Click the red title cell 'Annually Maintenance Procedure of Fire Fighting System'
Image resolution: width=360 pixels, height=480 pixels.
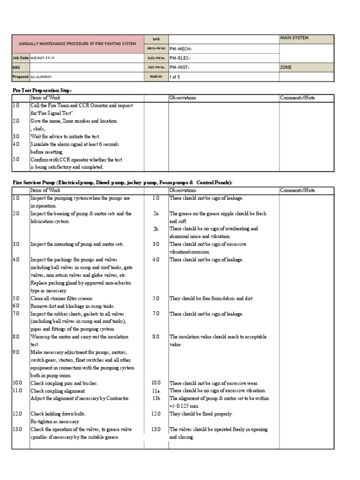[77, 44]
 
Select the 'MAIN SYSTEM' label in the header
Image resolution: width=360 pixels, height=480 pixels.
[294, 38]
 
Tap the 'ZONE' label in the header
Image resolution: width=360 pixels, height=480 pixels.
[286, 67]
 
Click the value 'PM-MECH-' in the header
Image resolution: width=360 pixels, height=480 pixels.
[181, 48]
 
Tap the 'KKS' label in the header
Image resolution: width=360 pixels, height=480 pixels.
[16, 67]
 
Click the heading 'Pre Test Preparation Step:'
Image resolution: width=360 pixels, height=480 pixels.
[42, 90]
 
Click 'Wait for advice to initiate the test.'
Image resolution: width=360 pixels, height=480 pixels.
[65, 136]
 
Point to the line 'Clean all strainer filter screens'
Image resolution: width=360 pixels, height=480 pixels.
[61, 298]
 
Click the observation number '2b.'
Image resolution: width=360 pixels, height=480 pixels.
[156, 229]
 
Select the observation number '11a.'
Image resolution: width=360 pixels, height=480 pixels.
[156, 390]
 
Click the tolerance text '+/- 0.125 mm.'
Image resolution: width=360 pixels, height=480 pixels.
[184, 406]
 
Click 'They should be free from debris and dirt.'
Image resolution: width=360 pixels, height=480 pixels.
[211, 298]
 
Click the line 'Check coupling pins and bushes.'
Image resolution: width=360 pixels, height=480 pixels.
[64, 383]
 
